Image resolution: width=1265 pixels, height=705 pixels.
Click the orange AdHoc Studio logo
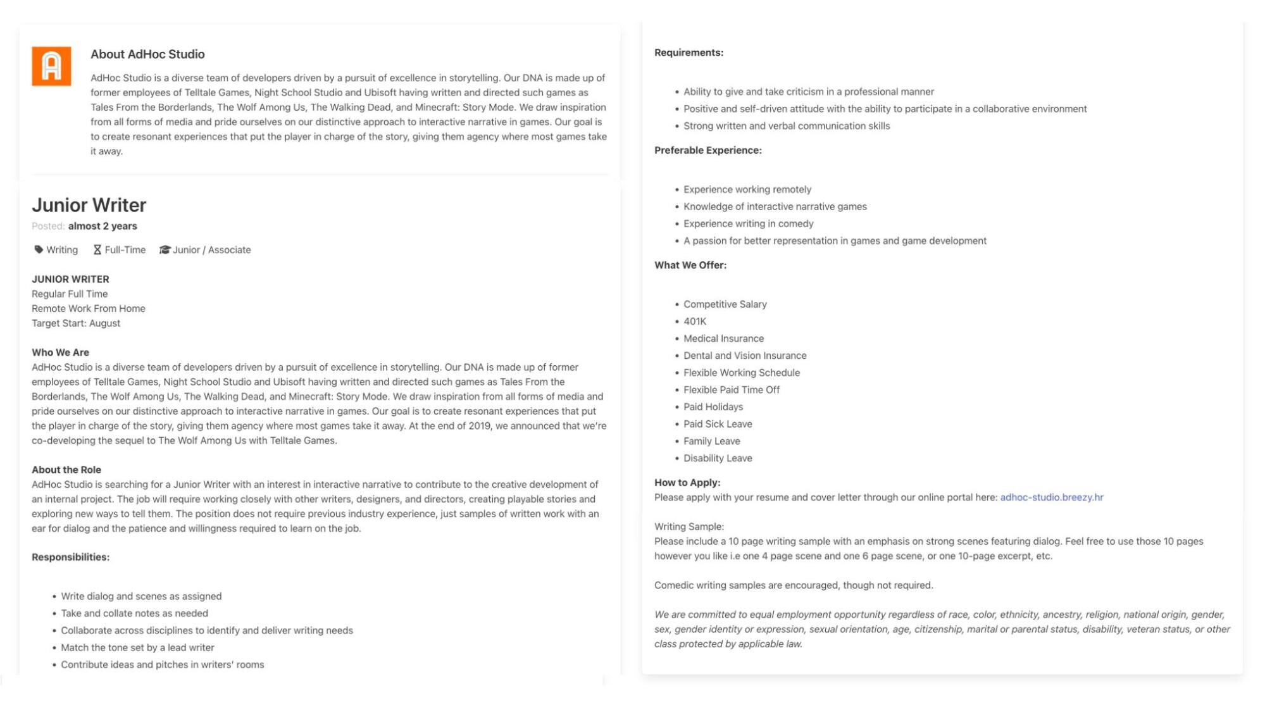(x=51, y=66)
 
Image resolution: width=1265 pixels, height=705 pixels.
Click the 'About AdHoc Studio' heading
(x=147, y=54)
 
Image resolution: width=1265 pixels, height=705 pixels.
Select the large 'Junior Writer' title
(x=89, y=205)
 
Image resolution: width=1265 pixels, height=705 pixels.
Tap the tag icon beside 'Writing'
(x=39, y=250)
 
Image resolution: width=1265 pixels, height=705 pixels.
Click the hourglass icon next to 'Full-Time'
(x=97, y=250)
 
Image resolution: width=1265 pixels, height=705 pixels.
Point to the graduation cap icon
(x=165, y=250)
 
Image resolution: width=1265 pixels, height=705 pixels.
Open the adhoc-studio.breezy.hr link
(x=1051, y=497)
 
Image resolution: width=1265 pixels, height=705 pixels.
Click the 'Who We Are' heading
(x=61, y=352)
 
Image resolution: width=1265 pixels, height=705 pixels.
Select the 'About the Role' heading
(x=66, y=470)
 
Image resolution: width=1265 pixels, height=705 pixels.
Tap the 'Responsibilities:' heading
(x=71, y=557)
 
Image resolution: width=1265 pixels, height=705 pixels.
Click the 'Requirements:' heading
(x=689, y=53)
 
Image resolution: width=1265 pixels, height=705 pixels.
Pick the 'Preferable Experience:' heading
(x=707, y=151)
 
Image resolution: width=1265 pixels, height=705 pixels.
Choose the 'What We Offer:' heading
(x=690, y=265)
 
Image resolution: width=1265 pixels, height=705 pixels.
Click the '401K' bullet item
(x=694, y=321)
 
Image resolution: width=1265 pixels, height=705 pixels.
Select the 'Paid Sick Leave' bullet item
(x=718, y=424)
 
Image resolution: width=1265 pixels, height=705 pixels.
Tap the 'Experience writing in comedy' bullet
(x=748, y=224)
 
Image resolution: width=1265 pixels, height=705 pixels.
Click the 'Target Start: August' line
(x=76, y=323)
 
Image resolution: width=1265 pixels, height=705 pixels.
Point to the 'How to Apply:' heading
(x=687, y=483)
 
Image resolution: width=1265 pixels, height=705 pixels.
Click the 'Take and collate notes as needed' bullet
(x=134, y=613)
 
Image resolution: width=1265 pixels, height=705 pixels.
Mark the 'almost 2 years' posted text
(x=103, y=226)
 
